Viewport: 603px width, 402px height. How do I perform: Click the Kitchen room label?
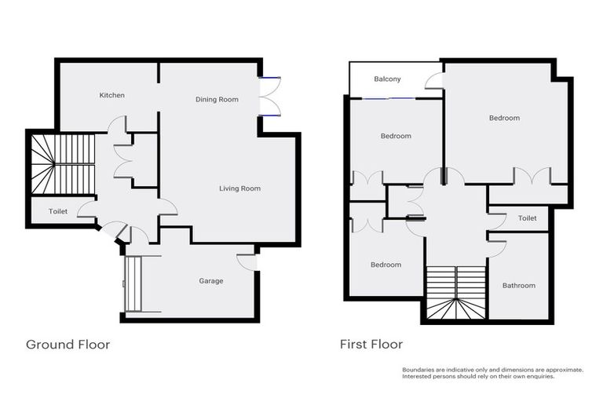(111, 95)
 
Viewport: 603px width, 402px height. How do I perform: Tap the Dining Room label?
(217, 100)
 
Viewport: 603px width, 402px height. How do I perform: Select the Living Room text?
(239, 188)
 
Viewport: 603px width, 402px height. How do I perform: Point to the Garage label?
(210, 281)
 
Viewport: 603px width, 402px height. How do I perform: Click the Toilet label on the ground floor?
(58, 212)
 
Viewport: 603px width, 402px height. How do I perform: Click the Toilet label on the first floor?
(527, 218)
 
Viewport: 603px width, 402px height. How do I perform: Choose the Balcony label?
(387, 79)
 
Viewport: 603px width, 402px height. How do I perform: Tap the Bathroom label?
(518, 286)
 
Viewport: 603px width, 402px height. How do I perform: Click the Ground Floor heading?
(68, 344)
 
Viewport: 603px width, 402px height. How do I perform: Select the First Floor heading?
(371, 344)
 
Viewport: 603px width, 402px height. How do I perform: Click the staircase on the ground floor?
(61, 163)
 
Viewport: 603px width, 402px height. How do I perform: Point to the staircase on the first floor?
(456, 293)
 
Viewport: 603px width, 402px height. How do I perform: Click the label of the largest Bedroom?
(504, 118)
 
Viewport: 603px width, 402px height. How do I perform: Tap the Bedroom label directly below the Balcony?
(396, 136)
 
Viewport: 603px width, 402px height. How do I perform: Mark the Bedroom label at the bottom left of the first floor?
(386, 265)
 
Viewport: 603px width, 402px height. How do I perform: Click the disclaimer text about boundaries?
(492, 373)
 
